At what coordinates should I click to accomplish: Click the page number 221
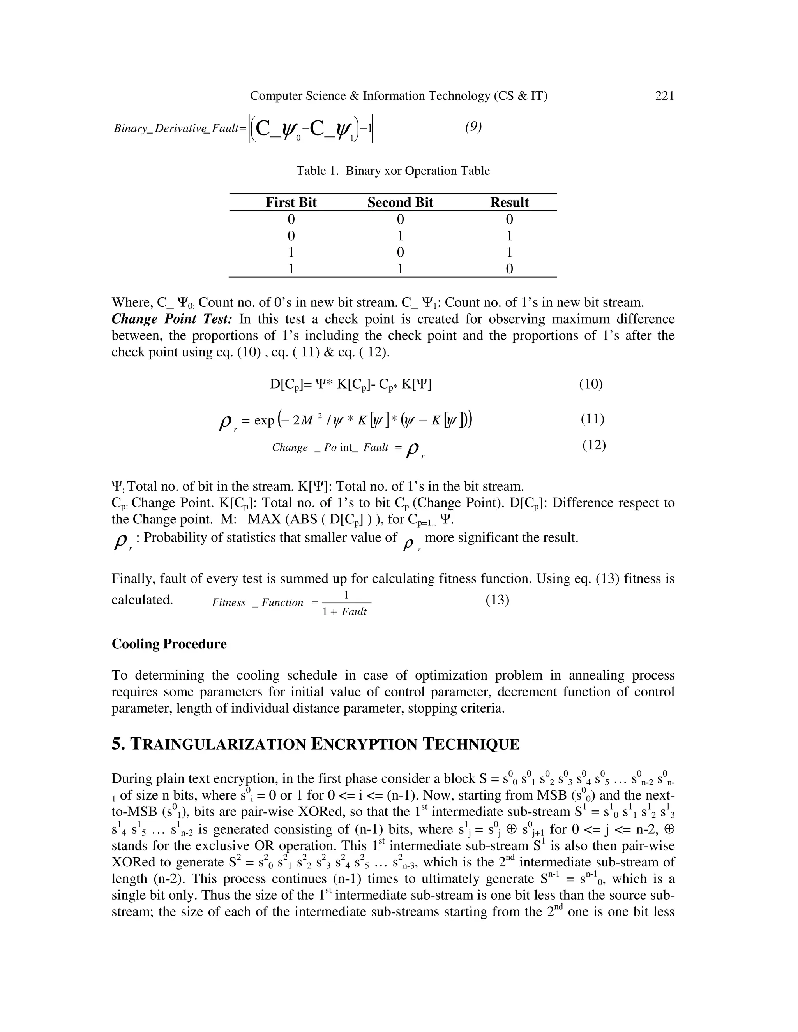(x=664, y=96)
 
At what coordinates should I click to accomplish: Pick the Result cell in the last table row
(x=509, y=269)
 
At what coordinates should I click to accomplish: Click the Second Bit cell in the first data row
(x=400, y=219)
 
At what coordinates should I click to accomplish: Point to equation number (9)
(x=473, y=126)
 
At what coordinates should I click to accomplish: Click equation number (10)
(x=590, y=384)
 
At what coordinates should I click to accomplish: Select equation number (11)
(x=592, y=419)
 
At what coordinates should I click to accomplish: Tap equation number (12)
(x=594, y=445)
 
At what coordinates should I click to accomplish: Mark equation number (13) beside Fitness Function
(x=497, y=600)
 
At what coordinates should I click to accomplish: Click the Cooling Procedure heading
(x=169, y=644)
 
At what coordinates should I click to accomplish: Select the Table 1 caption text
(x=393, y=171)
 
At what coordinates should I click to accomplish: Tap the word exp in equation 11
(x=264, y=420)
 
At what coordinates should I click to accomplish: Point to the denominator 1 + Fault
(x=344, y=612)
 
